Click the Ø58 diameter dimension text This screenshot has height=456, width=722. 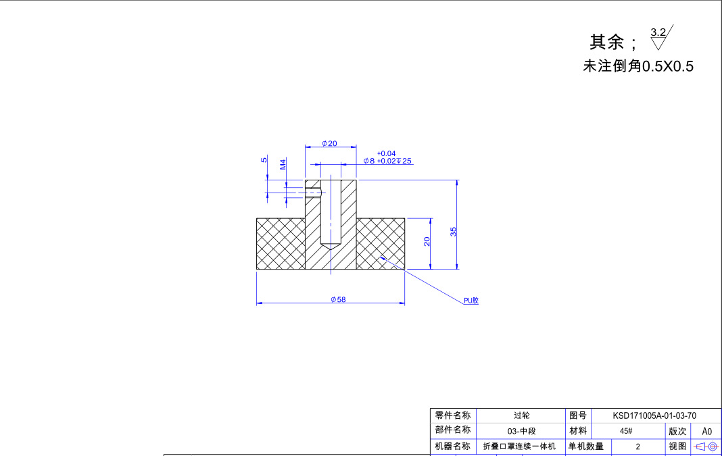pyautogui.click(x=338, y=299)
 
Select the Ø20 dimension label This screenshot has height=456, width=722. pyautogui.click(x=329, y=143)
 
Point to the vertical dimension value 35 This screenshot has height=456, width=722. pyautogui.click(x=454, y=230)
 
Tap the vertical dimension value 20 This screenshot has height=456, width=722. pyautogui.click(x=427, y=241)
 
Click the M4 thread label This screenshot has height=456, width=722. pyautogui.click(x=283, y=164)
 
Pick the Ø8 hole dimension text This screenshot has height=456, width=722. pyautogui.click(x=368, y=161)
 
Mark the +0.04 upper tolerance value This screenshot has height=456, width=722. pyautogui.click(x=386, y=153)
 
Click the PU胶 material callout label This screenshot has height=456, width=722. pyautogui.click(x=471, y=301)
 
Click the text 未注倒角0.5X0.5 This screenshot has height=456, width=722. pyautogui.click(x=638, y=66)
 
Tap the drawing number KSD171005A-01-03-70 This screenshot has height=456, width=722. pyautogui.click(x=654, y=415)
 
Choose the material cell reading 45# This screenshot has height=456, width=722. pyautogui.click(x=625, y=431)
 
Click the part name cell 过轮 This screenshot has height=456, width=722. pyautogui.click(x=521, y=415)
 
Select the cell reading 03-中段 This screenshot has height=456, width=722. pyautogui.click(x=521, y=431)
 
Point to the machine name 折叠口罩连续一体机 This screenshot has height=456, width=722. pyautogui.click(x=519, y=447)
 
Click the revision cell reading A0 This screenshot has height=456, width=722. pyautogui.click(x=706, y=431)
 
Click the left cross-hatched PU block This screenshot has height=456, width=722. pyautogui.click(x=281, y=244)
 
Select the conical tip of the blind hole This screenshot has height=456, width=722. pyautogui.click(x=331, y=245)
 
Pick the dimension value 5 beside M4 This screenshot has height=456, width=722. pyautogui.click(x=264, y=160)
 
